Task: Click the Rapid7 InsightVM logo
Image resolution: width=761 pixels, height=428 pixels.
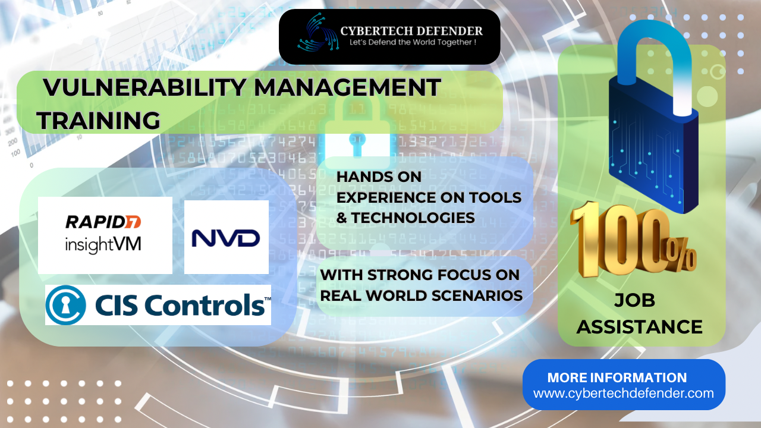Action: (103, 234)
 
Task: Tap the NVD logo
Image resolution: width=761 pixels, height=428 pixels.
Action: (226, 238)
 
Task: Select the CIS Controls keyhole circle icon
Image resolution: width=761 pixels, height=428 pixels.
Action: (65, 305)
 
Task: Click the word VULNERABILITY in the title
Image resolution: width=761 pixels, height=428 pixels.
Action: (144, 87)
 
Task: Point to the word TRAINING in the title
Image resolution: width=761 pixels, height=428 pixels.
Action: (99, 121)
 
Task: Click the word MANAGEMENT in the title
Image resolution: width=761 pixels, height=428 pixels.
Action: (347, 87)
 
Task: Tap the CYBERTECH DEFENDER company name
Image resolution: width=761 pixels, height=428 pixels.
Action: (411, 32)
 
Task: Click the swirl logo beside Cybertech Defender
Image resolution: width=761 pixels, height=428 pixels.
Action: (318, 33)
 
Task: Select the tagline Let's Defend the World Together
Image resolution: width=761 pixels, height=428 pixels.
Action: (413, 42)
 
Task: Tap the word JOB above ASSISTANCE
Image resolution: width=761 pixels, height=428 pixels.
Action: (634, 300)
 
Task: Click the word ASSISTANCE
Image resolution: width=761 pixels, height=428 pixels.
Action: (639, 327)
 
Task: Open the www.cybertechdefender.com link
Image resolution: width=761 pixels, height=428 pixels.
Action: (624, 394)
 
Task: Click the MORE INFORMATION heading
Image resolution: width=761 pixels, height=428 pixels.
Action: (617, 377)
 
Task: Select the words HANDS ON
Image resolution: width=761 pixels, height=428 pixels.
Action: (379, 177)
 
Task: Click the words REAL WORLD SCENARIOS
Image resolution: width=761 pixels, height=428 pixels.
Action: (422, 295)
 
